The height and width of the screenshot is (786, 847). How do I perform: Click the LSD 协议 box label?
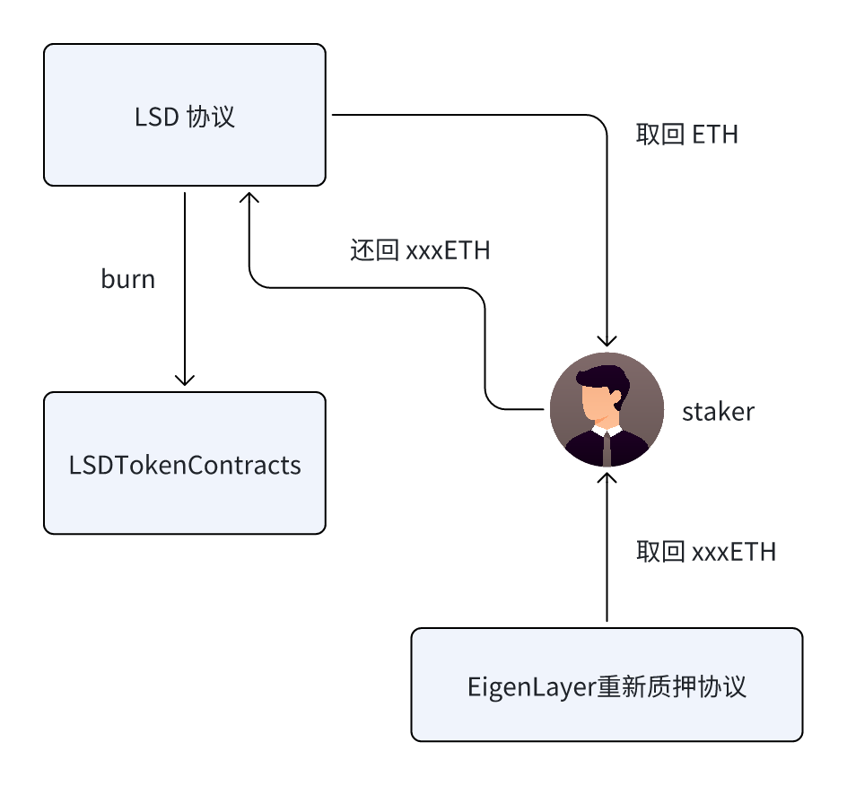click(x=185, y=117)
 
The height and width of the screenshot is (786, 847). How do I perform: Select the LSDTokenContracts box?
click(x=185, y=463)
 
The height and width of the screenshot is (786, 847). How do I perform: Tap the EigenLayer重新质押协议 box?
click(x=607, y=685)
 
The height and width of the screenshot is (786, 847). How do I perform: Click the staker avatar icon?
click(x=607, y=409)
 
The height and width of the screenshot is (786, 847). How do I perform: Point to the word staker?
click(x=718, y=412)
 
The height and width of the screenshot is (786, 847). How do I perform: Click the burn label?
click(x=128, y=279)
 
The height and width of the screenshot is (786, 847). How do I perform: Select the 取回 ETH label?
click(x=686, y=134)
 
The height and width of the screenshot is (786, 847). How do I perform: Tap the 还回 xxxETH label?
click(x=420, y=250)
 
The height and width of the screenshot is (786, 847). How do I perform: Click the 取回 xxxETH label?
click(x=706, y=552)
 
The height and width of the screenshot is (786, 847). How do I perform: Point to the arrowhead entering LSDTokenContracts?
click(x=185, y=380)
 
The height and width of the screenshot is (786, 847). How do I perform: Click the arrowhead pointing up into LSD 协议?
click(x=249, y=197)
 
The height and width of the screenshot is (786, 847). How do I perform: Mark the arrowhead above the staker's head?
click(x=607, y=341)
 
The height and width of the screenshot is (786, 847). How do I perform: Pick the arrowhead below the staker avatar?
click(x=607, y=478)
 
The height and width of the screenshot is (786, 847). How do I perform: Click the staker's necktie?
click(x=607, y=449)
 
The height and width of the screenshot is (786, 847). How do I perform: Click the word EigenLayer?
click(x=531, y=687)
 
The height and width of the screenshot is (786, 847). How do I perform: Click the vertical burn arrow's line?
click(x=185, y=289)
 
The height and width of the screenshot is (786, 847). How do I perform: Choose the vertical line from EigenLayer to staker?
click(x=607, y=547)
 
